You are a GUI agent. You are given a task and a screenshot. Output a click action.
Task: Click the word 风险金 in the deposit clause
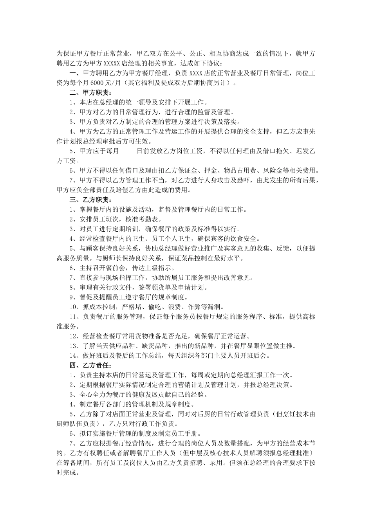point(273,171)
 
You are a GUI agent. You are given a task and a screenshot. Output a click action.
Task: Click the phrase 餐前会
point(122,268)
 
